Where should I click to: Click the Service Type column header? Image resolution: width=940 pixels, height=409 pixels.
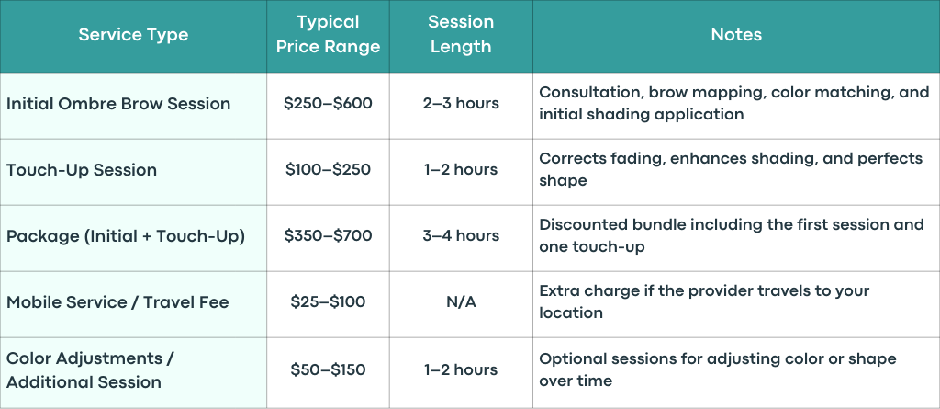(x=133, y=34)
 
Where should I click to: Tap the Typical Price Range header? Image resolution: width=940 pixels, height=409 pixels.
(x=328, y=34)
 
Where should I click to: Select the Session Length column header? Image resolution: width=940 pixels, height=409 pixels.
(x=461, y=34)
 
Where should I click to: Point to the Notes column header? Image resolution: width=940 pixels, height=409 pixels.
(x=736, y=34)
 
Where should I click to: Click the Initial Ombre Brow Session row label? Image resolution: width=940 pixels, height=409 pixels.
(x=118, y=103)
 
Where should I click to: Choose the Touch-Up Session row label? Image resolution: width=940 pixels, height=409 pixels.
(x=82, y=169)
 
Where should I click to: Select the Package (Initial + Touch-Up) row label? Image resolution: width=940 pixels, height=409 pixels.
(x=126, y=236)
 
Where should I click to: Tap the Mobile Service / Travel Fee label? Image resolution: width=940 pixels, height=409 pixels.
(x=117, y=301)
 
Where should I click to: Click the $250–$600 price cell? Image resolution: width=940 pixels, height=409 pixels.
(x=328, y=103)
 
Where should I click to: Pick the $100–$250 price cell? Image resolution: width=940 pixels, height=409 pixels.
(x=328, y=169)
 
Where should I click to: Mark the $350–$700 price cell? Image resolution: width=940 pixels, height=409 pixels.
(x=328, y=235)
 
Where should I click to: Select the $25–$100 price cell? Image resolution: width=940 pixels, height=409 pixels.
(x=328, y=301)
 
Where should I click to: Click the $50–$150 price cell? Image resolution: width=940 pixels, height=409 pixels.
(x=328, y=370)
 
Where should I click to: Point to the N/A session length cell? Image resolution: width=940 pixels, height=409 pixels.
(x=461, y=301)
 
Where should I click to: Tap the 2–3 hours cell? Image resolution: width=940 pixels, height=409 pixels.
(x=461, y=103)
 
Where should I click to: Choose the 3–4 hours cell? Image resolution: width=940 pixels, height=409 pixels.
(x=461, y=235)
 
